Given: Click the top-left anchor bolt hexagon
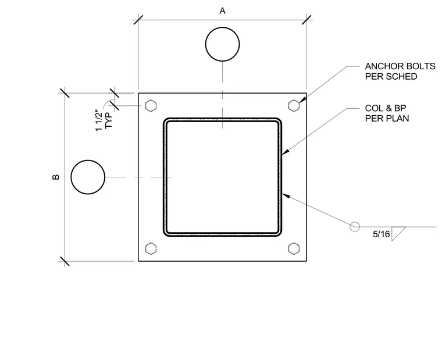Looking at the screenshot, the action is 151,106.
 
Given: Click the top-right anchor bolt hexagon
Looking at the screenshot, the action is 294,106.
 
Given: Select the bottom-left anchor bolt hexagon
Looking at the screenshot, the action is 151,248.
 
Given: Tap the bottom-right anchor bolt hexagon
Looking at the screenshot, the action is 294,248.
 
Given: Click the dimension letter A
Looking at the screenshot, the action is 222,11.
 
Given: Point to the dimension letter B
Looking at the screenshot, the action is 56,177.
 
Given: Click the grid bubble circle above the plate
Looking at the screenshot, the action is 222,44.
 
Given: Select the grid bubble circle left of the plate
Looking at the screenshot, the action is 88,177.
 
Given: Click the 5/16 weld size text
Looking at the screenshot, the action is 381,234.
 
